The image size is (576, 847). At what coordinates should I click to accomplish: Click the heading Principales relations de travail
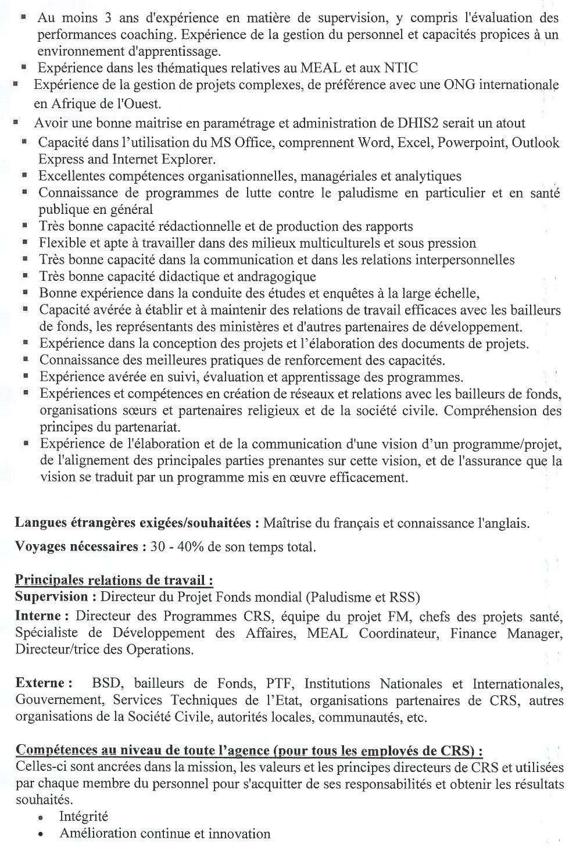(114, 580)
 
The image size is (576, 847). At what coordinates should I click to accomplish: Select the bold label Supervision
(52, 597)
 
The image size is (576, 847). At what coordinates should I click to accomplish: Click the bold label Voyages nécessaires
(77, 547)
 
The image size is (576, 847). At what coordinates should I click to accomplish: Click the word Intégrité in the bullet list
(84, 817)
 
